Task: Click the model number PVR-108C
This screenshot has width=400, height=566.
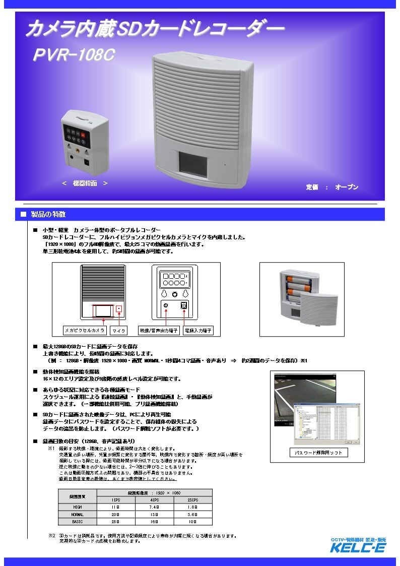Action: [75, 56]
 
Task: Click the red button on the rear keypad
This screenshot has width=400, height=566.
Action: [84, 135]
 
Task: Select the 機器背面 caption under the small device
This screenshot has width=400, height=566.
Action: [85, 183]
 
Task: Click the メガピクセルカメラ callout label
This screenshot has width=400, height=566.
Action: [85, 330]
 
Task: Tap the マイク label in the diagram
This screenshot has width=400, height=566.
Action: [119, 330]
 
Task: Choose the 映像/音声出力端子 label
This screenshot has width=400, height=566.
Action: [158, 330]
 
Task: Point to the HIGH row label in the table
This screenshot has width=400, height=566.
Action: [78, 506]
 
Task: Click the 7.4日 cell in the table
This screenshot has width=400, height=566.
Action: [154, 506]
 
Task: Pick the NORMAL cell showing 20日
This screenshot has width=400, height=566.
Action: [116, 514]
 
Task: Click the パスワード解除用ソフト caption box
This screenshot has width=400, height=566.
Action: [318, 453]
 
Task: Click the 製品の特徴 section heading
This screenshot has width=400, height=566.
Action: [48, 214]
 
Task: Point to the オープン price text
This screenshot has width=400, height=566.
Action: [347, 187]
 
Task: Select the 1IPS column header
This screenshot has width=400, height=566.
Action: [116, 499]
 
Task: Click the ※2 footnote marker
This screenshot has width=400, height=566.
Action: [51, 536]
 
